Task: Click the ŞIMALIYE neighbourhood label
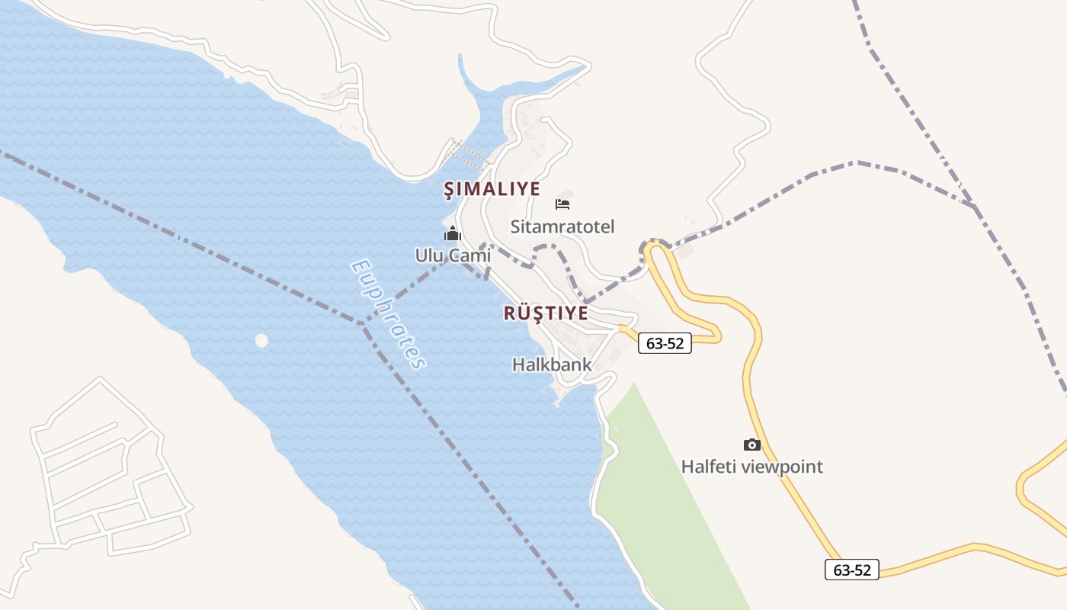click(492, 189)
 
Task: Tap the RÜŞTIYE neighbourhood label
click(546, 313)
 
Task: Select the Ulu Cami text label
click(453, 255)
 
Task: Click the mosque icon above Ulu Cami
click(453, 233)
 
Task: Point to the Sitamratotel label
click(562, 226)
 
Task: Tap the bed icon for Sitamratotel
click(562, 204)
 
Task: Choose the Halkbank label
click(552, 364)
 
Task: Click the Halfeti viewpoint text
click(751, 467)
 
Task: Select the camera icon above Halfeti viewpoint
click(751, 445)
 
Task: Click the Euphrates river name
click(387, 314)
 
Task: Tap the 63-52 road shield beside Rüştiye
click(665, 343)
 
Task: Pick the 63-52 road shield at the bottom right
click(851, 570)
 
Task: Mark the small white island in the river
click(261, 340)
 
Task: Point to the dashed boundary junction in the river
click(363, 323)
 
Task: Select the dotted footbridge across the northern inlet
click(467, 155)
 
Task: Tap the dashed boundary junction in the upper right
click(974, 206)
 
